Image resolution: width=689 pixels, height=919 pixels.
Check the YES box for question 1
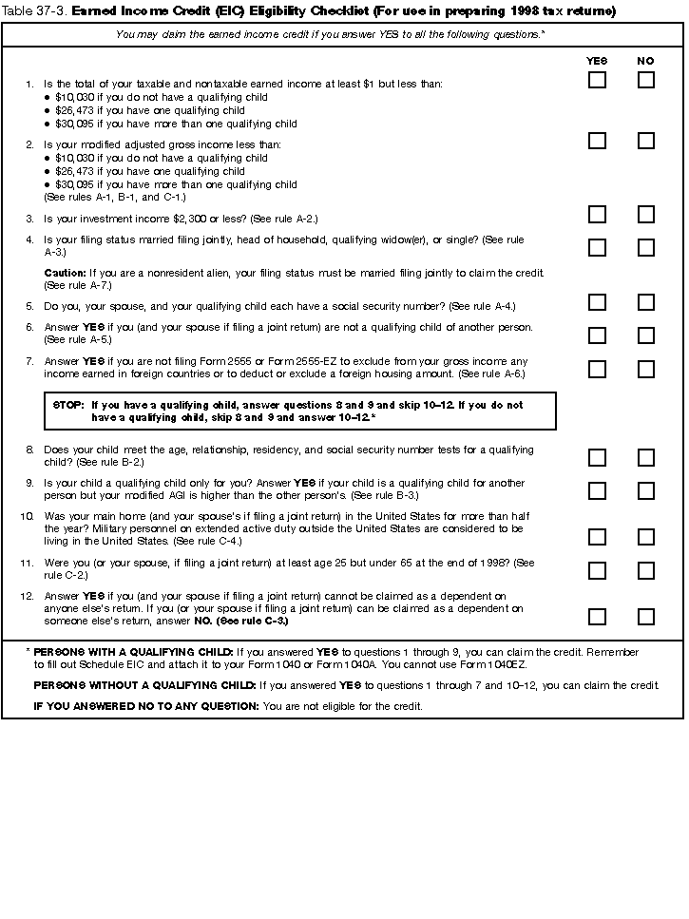point(597,80)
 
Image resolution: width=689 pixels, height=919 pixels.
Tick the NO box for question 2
point(646,141)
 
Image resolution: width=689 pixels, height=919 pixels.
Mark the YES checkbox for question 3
point(597,215)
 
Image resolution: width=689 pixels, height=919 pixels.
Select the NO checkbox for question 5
point(646,302)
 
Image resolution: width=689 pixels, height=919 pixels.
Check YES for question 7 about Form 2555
point(597,369)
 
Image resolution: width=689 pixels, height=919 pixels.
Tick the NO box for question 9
point(646,490)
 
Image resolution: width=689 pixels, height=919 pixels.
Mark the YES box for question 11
point(597,570)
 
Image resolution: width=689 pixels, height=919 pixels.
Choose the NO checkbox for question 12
point(646,616)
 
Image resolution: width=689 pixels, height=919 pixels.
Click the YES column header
point(597,61)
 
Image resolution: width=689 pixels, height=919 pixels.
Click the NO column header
point(646,61)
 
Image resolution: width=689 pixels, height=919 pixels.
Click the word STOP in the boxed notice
point(68,405)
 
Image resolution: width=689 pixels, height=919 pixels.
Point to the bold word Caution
point(65,273)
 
